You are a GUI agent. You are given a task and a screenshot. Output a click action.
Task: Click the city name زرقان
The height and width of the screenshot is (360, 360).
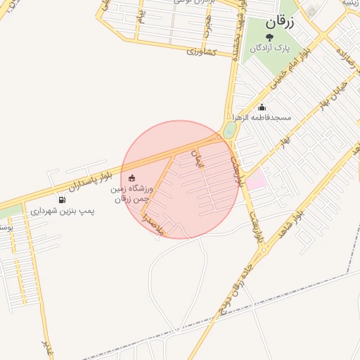(280, 22)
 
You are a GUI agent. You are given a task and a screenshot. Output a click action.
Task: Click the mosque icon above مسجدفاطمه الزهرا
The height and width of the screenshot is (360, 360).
(262, 108)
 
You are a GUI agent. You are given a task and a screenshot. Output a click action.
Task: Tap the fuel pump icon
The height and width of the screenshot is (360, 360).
(62, 200)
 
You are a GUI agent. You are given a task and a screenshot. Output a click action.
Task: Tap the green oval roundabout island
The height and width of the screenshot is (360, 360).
(229, 131)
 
